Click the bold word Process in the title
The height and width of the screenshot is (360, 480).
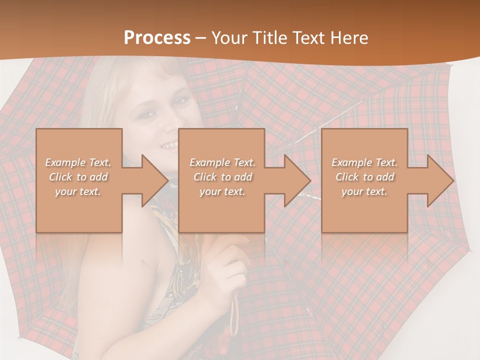pos(157,38)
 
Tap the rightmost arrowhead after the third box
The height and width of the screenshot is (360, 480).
pos(439,180)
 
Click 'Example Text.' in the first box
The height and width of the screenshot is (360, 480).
pos(78,162)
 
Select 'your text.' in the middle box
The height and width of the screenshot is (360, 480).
pos(222,191)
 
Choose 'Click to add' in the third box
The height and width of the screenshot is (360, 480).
pos(364,177)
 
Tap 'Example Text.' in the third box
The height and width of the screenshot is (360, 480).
pos(364,162)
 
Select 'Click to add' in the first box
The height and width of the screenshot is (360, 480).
pos(78,177)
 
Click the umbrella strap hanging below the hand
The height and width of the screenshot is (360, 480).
pos(234,310)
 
